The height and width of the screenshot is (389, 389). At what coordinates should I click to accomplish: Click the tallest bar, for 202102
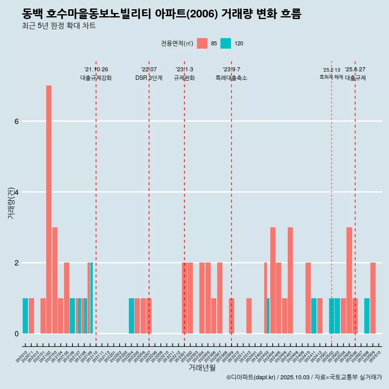[49, 209]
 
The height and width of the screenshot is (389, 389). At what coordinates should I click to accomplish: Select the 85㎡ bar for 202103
[55, 280]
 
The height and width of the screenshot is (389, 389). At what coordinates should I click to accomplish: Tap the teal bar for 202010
[25, 316]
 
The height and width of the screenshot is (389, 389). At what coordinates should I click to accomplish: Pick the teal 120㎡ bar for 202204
[131, 316]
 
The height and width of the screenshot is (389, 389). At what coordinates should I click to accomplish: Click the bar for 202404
[273, 280]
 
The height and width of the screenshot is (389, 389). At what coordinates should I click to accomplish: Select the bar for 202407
[291, 280]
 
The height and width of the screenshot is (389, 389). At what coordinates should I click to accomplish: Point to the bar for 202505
[349, 280]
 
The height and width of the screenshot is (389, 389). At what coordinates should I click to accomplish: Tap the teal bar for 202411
[314, 316]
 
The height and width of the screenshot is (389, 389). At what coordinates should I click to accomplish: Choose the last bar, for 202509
[373, 298]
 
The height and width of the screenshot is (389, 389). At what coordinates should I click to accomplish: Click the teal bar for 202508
[367, 316]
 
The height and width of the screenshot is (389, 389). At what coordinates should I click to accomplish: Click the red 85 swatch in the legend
[202, 43]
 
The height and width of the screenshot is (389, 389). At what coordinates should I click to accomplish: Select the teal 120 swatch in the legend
[226, 43]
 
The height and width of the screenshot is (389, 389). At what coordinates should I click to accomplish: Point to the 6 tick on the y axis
[16, 121]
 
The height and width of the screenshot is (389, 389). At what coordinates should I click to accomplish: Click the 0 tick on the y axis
[16, 333]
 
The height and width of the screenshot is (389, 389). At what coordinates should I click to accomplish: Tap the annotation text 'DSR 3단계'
[149, 78]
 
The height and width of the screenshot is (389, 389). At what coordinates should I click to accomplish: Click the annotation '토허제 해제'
[331, 77]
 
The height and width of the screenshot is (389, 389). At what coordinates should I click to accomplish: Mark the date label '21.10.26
[96, 70]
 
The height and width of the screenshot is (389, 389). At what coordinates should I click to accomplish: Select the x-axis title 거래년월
[202, 368]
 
